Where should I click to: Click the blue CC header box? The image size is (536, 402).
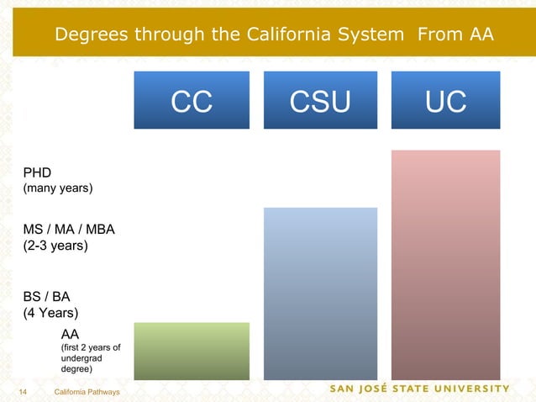point(192,100)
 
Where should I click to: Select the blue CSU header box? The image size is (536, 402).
point(320,100)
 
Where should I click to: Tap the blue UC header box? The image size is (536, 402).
point(445,100)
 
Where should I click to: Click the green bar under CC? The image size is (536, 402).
point(192,351)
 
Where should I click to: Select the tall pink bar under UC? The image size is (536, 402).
point(445,265)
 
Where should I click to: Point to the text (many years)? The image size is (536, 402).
point(57,189)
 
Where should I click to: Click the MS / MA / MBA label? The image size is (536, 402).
point(69,230)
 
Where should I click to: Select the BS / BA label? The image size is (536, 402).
point(47,297)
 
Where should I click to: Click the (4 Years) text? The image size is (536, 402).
point(50,314)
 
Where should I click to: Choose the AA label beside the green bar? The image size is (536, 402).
point(71,333)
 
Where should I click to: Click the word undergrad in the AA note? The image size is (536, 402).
point(81,357)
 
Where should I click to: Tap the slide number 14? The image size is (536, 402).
point(24,393)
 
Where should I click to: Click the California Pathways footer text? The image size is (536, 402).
point(87,393)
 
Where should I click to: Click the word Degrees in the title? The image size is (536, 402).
point(92,34)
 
